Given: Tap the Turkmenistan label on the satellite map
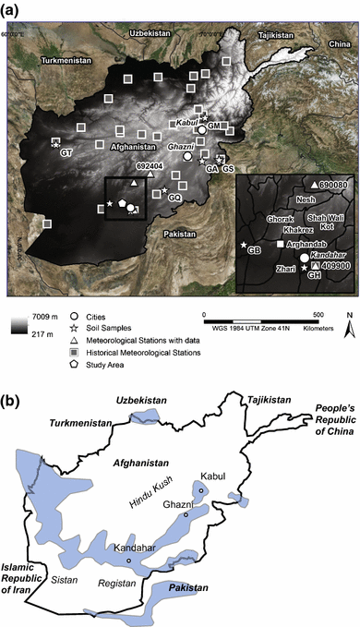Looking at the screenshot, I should [x=58, y=61].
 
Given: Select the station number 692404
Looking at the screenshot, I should [x=150, y=167].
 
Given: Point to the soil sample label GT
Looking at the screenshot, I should [x=66, y=151].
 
